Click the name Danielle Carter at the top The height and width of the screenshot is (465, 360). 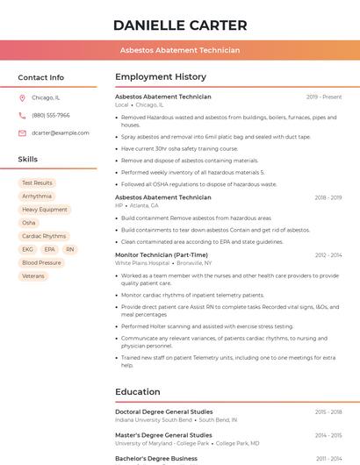[x=180, y=25]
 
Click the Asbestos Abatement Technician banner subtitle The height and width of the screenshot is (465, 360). [x=180, y=50]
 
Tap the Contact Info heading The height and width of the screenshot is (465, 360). [x=41, y=77]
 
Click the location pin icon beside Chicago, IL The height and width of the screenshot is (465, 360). [x=22, y=98]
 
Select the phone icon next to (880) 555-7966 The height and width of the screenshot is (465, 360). [x=22, y=116]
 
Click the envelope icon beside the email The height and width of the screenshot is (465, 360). [x=22, y=133]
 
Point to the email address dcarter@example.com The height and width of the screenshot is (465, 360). [x=61, y=133]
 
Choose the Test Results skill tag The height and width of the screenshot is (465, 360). [x=37, y=183]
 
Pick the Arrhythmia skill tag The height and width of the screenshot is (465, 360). [x=37, y=197]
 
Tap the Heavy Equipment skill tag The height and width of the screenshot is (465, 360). [x=45, y=210]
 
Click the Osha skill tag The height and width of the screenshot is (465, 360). [x=29, y=223]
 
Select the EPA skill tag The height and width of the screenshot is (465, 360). [x=49, y=249]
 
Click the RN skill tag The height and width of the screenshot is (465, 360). [x=70, y=249]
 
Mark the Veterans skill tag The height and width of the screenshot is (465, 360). [x=33, y=275]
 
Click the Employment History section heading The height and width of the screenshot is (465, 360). [x=161, y=77]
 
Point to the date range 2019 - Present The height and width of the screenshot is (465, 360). [x=324, y=97]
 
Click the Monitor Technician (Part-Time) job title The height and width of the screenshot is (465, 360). [x=162, y=255]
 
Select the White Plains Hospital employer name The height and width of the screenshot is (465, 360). [x=142, y=263]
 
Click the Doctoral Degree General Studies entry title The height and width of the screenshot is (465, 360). [x=164, y=411]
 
